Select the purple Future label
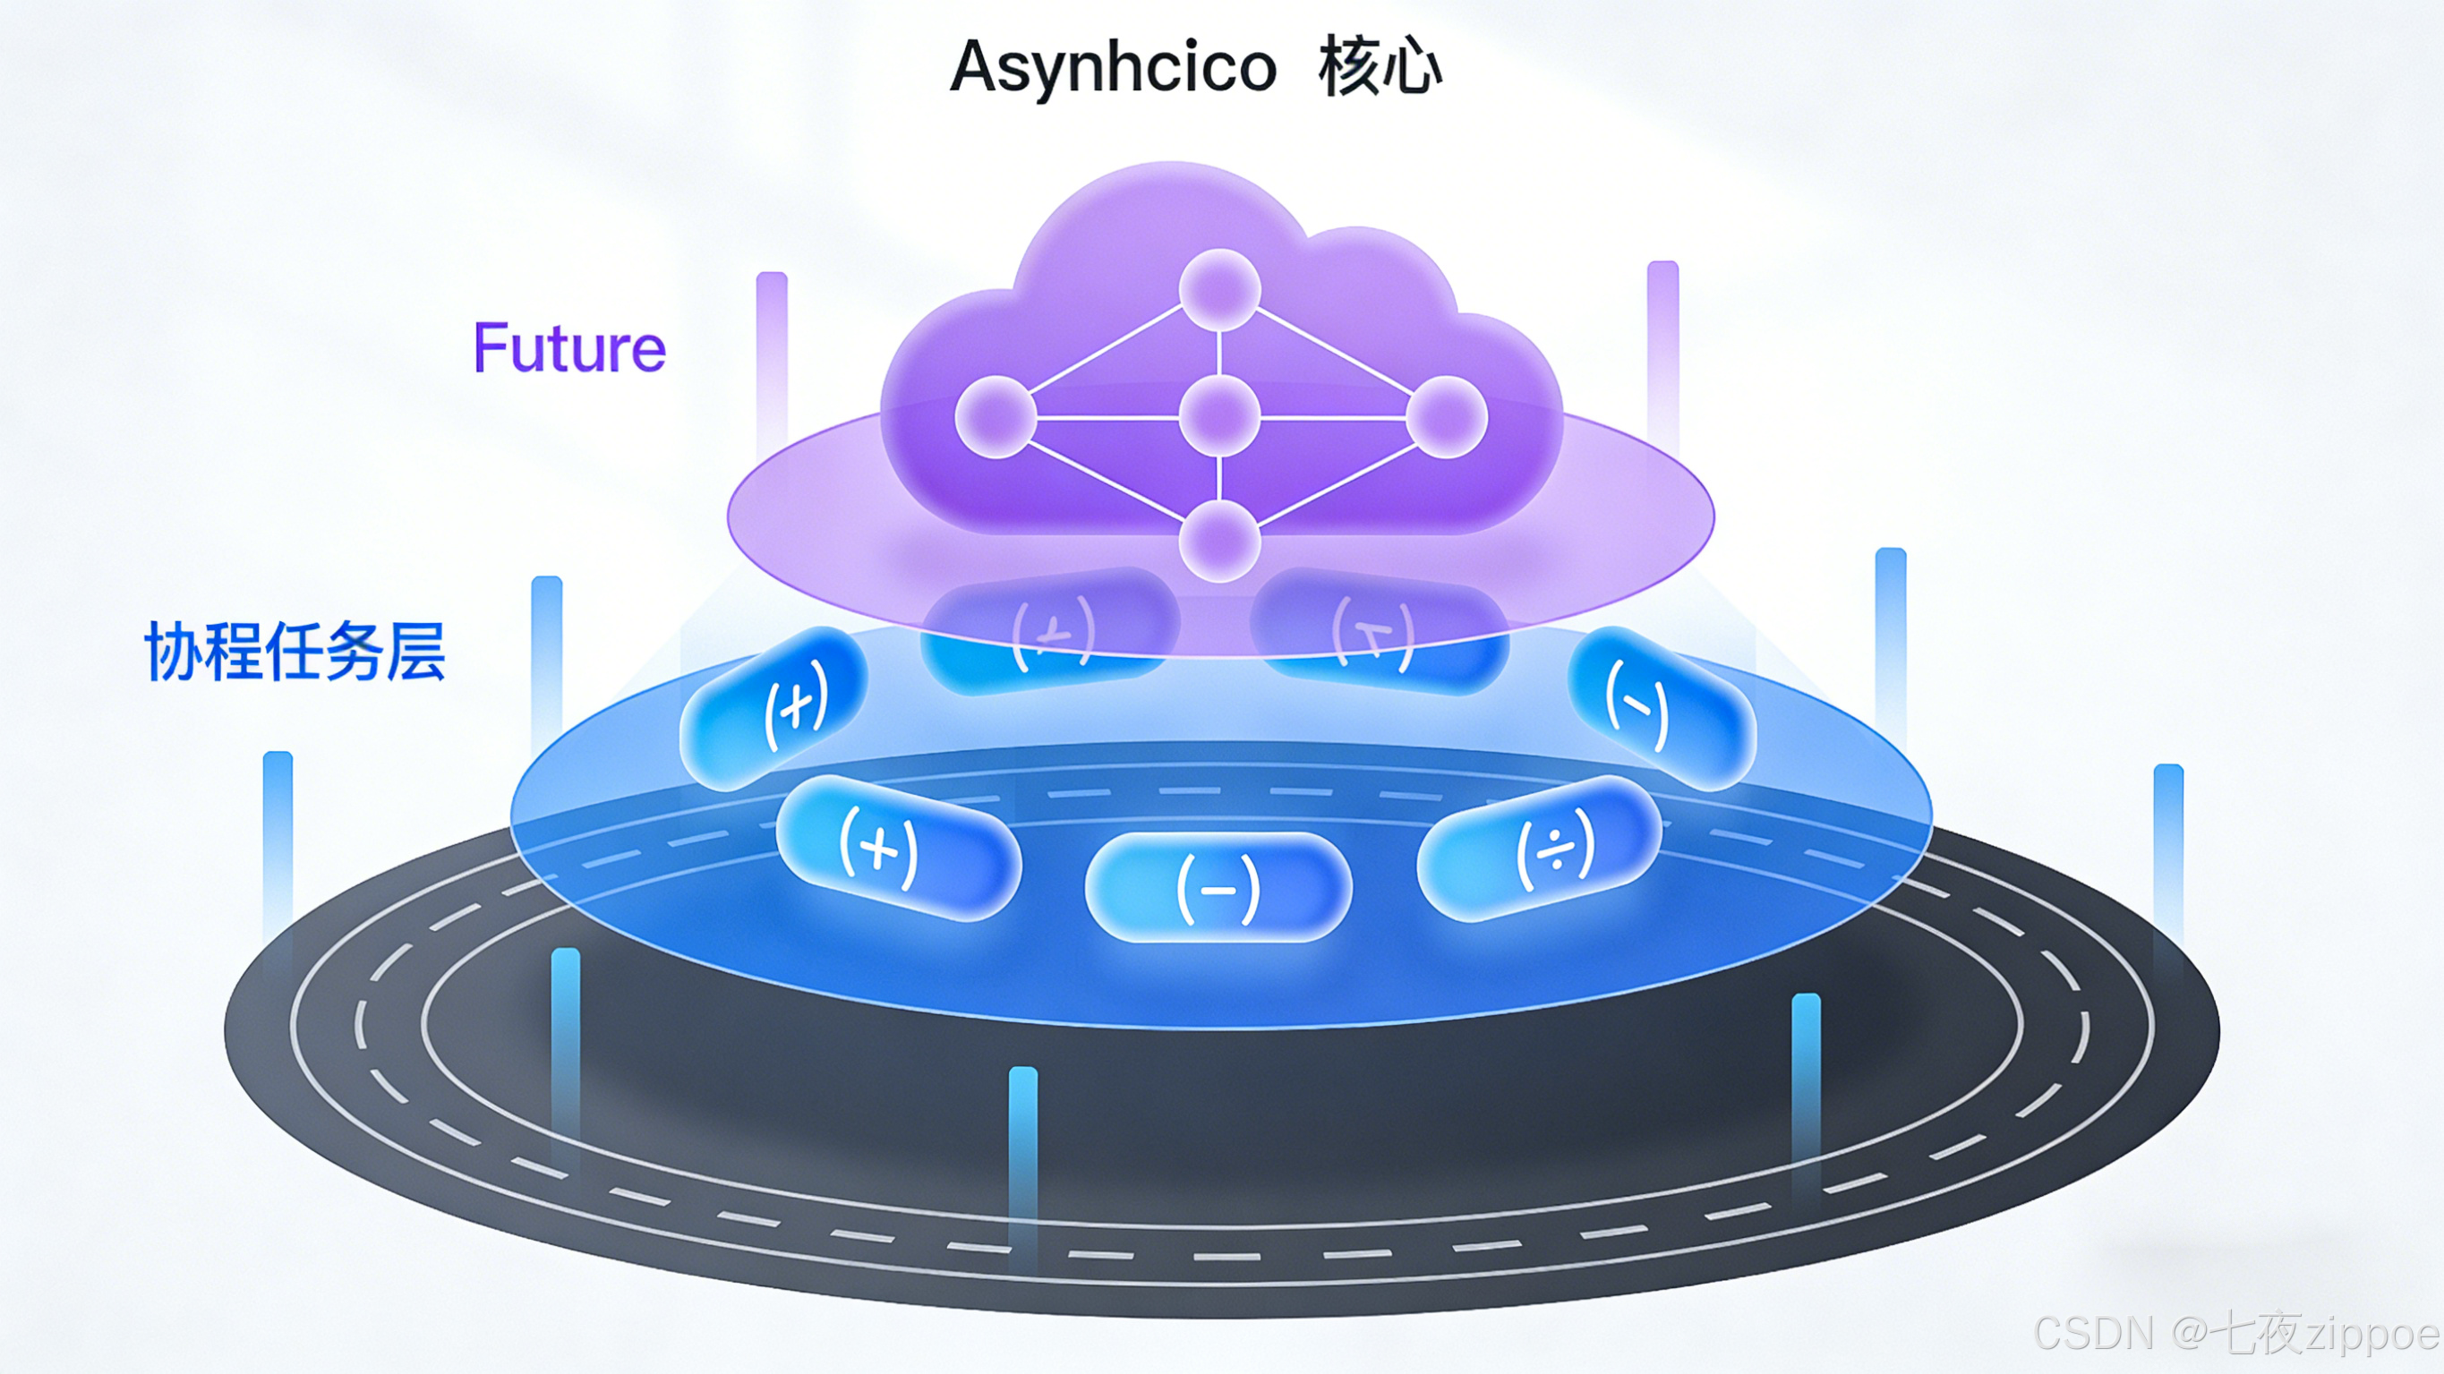[x=569, y=348]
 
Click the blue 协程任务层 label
[x=295, y=652]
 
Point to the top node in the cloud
[x=1219, y=289]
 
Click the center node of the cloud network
[x=1219, y=416]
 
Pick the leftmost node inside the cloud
[x=996, y=416]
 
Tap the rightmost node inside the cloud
[x=1446, y=416]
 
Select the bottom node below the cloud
[x=1219, y=541]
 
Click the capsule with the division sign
[x=1539, y=848]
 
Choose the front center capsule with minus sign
[x=1218, y=887]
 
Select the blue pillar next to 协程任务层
[x=546, y=654]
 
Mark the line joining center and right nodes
[x=1333, y=416]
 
